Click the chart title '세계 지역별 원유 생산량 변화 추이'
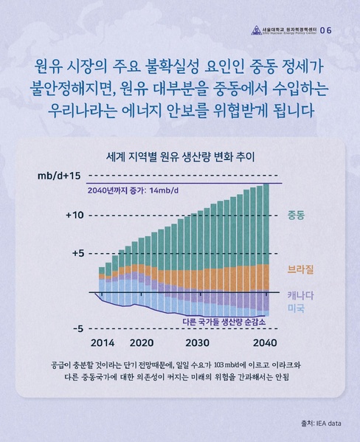(180, 156)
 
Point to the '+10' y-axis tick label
(76, 215)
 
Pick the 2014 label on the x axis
(103, 343)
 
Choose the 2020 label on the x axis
(142, 343)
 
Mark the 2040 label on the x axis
(265, 343)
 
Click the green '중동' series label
(296, 215)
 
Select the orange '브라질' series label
(300, 270)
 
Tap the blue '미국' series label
(296, 308)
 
